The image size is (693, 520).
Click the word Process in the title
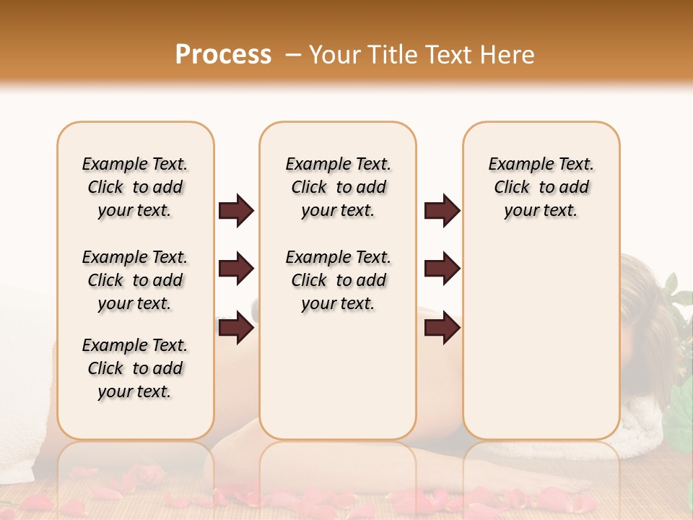(223, 55)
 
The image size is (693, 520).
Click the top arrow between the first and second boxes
(236, 211)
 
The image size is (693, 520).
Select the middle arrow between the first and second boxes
(236, 269)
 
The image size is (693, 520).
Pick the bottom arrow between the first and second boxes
(236, 328)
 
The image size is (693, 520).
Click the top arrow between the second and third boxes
(442, 211)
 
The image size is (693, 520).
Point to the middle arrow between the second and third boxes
(442, 269)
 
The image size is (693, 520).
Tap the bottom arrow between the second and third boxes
(442, 328)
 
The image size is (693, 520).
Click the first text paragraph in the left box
(135, 187)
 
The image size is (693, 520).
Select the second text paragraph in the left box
(135, 280)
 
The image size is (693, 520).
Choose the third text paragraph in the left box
(135, 368)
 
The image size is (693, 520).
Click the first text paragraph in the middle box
(338, 187)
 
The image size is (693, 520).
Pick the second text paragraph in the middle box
(338, 280)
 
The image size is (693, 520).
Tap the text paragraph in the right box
(541, 187)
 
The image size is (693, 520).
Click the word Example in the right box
(513, 165)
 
